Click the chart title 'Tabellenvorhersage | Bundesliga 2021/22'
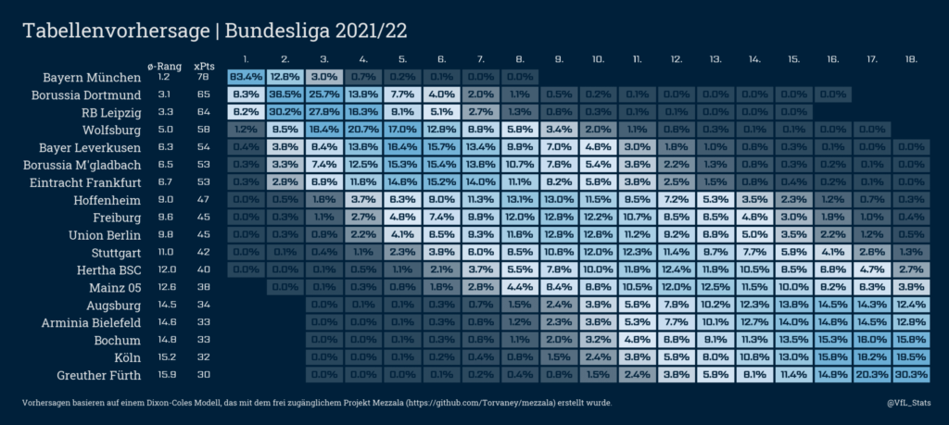point(214,31)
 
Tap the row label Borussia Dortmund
point(86,94)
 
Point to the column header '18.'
point(910,58)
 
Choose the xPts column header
point(202,66)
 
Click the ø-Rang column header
point(163,66)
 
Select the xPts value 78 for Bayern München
point(202,77)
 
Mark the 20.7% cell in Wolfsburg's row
point(362,130)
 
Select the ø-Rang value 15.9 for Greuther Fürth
point(163,375)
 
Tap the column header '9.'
point(559,58)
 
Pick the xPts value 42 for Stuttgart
point(202,252)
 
